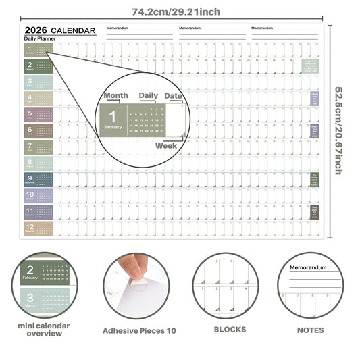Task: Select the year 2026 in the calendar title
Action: (35, 30)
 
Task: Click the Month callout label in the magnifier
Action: (115, 96)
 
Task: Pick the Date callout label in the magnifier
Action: (174, 96)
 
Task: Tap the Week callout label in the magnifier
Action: (166, 145)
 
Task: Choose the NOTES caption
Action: (310, 330)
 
